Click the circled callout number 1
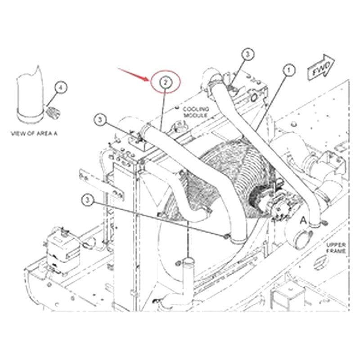[x=288, y=70]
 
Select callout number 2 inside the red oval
[x=165, y=82]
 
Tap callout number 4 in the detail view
[x=62, y=87]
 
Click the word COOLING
[x=195, y=109]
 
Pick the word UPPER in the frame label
[x=336, y=244]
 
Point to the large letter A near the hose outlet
[x=303, y=220]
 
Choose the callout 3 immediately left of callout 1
[x=247, y=54]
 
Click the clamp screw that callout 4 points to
[x=51, y=112]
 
